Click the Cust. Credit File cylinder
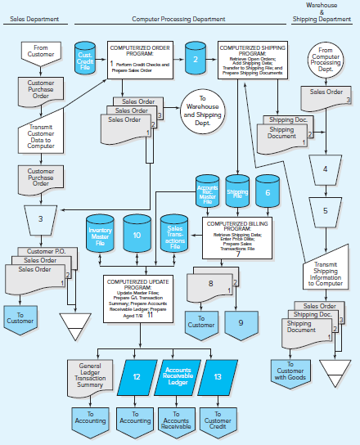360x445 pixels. point(83,59)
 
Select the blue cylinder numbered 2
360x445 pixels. point(195,59)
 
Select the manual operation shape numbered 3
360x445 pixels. point(41,219)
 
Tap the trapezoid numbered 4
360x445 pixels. point(325,169)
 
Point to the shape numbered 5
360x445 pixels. point(325,210)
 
